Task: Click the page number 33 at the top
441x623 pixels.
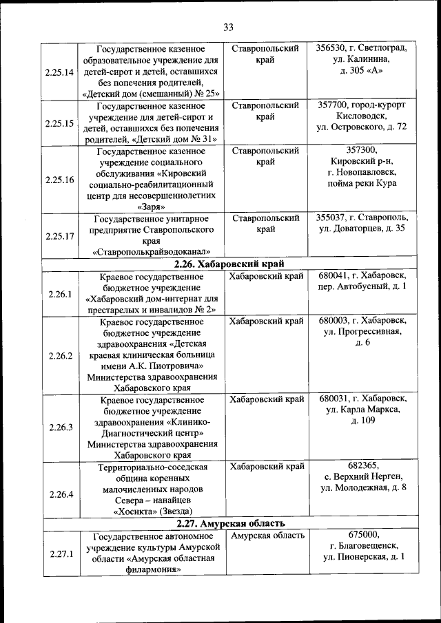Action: (229, 27)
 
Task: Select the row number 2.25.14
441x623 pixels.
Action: (59, 72)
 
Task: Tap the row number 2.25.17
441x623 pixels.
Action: (59, 235)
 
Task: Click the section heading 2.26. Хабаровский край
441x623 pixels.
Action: (229, 264)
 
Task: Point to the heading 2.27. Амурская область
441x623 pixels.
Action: (229, 523)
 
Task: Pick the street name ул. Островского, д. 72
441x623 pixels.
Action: (362, 127)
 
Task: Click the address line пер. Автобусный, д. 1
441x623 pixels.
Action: (362, 286)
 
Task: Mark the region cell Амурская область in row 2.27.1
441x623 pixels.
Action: (267, 535)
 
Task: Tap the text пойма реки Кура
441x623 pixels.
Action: (362, 183)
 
